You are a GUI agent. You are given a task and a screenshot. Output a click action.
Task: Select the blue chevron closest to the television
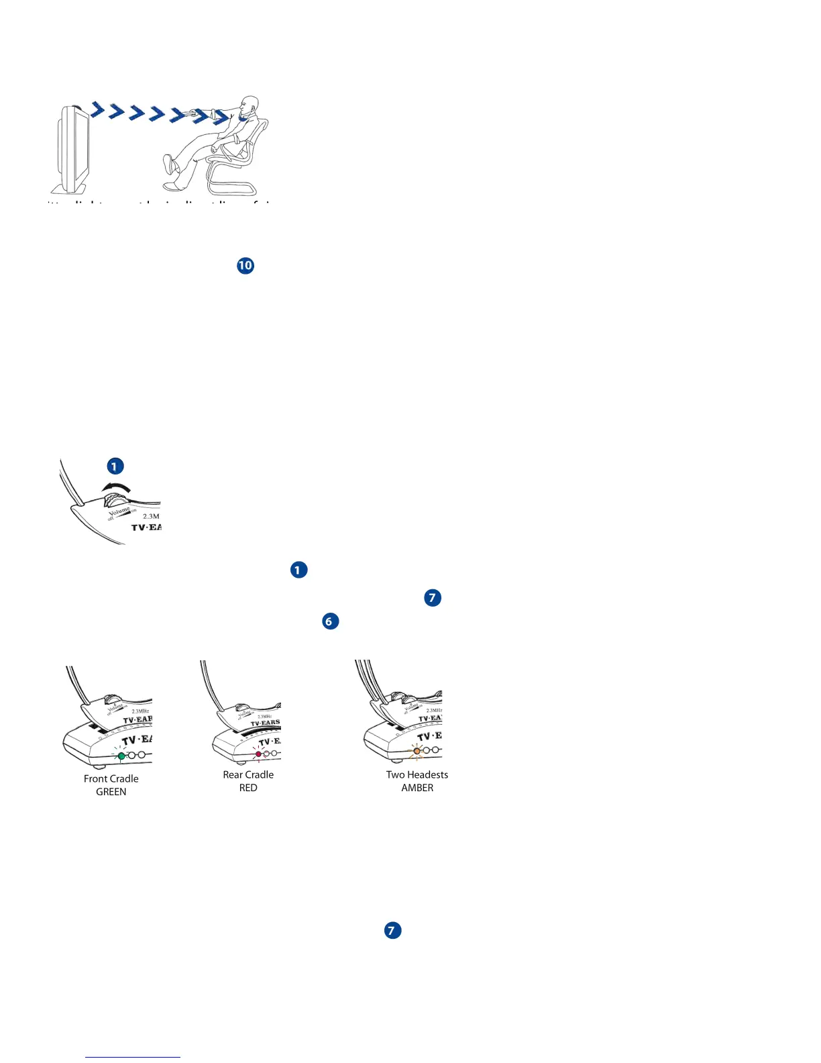[x=98, y=109]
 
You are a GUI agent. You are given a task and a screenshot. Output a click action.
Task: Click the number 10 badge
[x=245, y=266]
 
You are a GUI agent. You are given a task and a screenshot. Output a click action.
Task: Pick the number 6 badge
[x=329, y=621]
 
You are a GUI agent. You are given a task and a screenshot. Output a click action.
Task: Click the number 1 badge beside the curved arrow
[x=115, y=466]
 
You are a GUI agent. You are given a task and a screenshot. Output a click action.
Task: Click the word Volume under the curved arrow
[x=119, y=513]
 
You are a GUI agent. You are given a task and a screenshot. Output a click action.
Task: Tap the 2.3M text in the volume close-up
[x=151, y=516]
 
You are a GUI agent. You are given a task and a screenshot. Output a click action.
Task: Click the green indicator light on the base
[x=121, y=756]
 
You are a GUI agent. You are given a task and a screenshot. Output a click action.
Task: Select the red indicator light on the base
[x=259, y=754]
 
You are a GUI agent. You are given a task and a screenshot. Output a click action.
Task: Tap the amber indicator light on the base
[x=417, y=751]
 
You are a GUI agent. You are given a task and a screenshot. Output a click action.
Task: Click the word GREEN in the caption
[x=111, y=792]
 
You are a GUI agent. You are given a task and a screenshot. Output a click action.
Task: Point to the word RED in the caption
[x=248, y=788]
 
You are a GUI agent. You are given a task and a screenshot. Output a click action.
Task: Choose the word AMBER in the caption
[x=417, y=788]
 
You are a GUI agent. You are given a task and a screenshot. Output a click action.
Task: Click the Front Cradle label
[x=111, y=778]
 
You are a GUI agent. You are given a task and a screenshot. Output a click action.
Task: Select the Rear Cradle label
[x=248, y=774]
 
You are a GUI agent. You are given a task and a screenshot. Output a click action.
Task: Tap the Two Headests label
[x=417, y=774]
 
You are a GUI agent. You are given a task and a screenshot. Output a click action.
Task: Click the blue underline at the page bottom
[x=133, y=1057]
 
